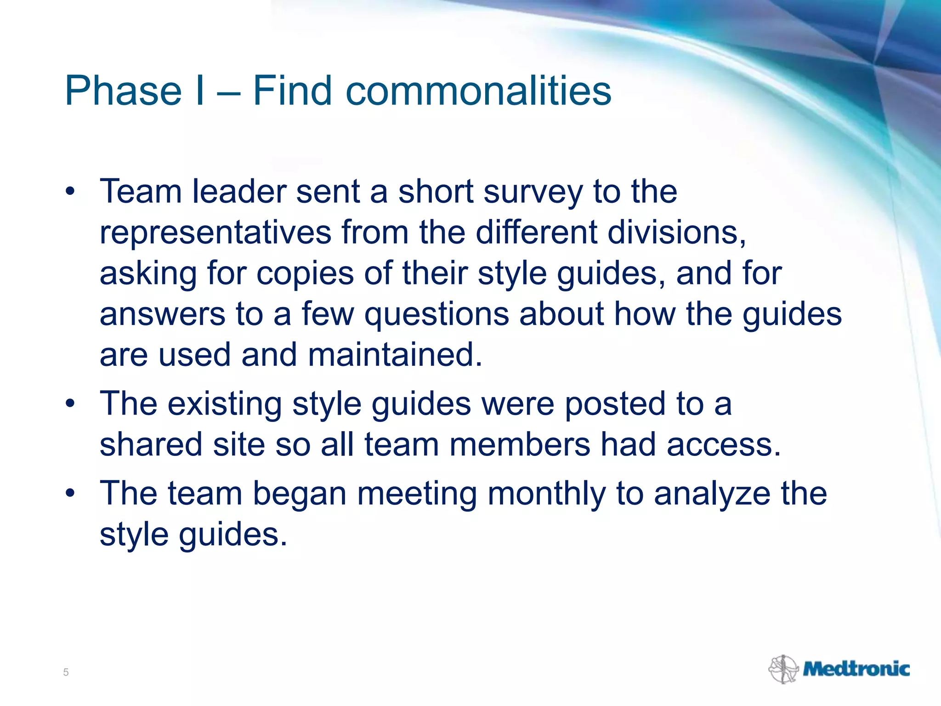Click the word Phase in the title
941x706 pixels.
123,91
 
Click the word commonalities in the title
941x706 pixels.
478,91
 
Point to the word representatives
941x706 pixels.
215,233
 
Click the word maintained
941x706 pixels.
395,355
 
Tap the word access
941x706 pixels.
723,445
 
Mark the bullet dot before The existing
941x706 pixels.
70,404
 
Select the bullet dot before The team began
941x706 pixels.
70,493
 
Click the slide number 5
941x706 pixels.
66,672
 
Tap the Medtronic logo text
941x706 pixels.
856,669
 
